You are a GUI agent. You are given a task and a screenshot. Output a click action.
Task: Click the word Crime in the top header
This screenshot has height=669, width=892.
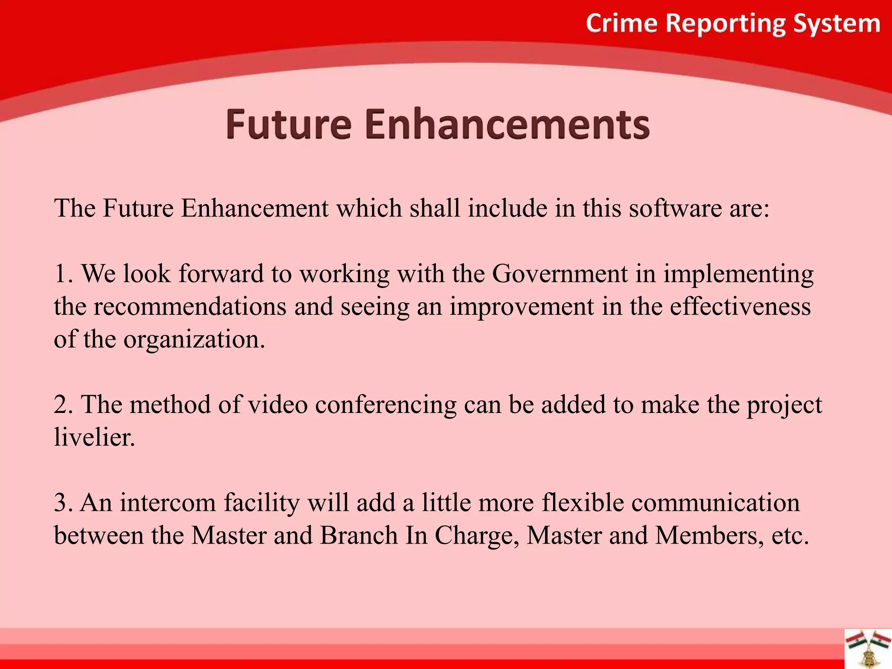[x=621, y=23]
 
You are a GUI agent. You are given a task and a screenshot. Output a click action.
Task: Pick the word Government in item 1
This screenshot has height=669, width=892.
[x=560, y=274]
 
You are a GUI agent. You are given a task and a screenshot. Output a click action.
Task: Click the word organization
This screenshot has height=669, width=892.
[x=194, y=340]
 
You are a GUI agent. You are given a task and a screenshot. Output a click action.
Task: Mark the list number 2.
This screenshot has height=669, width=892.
[x=63, y=405]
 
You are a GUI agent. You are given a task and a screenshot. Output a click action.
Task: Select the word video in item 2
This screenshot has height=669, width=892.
[x=277, y=405]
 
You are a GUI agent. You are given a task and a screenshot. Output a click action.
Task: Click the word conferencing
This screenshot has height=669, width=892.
[x=385, y=405]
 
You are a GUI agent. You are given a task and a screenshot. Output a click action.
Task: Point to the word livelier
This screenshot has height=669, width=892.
[x=94, y=437]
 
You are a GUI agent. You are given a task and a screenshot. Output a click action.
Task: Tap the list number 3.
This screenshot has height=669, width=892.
[x=63, y=503]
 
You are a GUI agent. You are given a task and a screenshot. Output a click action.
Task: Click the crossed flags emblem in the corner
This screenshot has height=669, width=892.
[x=868, y=649]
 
